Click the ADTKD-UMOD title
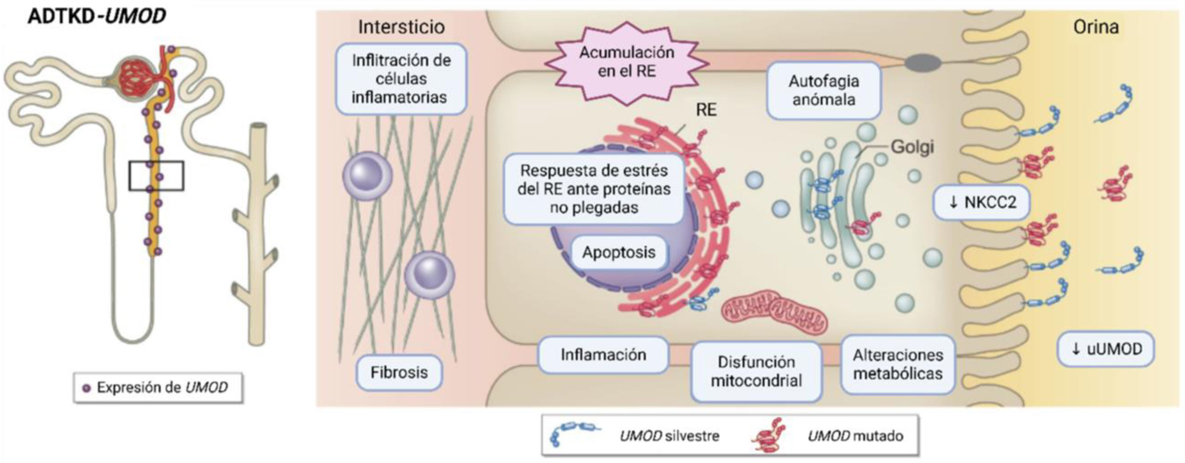click(96, 17)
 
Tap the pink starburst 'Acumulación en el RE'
click(626, 62)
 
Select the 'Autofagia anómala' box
click(823, 91)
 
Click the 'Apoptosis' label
click(619, 253)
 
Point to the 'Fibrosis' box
click(399, 372)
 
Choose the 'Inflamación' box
click(603, 355)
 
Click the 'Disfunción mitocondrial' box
click(756, 371)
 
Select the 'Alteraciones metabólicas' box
click(898, 364)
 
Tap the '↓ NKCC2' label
click(981, 202)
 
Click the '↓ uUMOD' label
click(1105, 349)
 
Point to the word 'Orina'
click(1096, 27)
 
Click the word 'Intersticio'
click(401, 27)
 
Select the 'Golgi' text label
click(912, 147)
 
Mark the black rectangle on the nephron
click(156, 176)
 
